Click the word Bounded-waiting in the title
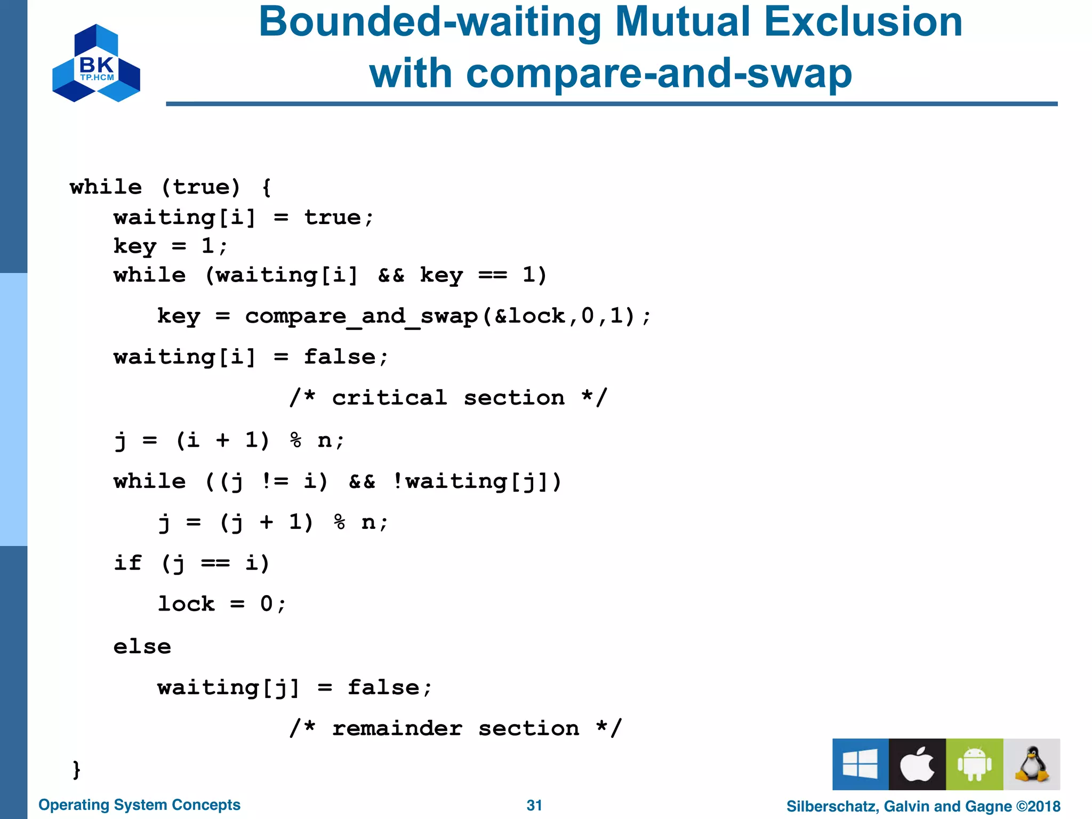(x=430, y=22)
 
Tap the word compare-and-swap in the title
(x=659, y=74)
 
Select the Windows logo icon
(x=860, y=764)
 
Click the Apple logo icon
(x=917, y=764)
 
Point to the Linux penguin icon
(x=1032, y=764)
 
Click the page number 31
(x=534, y=805)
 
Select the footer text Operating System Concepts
(x=139, y=805)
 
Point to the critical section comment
(x=448, y=398)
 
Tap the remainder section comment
(x=455, y=728)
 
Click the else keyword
(x=142, y=647)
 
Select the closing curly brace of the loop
(x=76, y=769)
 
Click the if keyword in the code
(x=128, y=563)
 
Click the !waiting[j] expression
(x=477, y=481)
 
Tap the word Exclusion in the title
(x=863, y=22)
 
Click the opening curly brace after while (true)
(x=267, y=187)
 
